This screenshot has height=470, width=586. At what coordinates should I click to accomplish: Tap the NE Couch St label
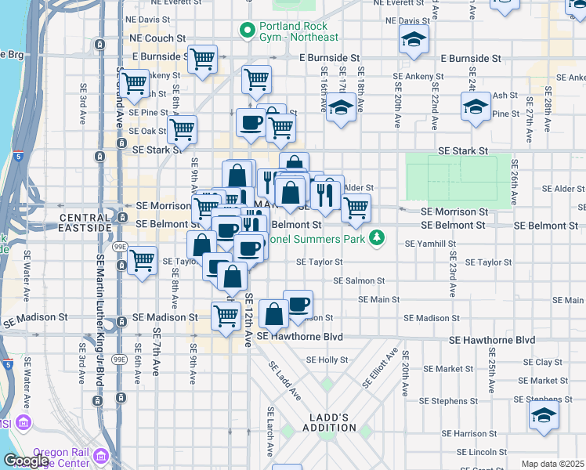(157, 37)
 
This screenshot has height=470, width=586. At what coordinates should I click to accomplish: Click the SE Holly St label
(327, 360)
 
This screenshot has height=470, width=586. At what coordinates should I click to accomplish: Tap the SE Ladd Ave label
(285, 380)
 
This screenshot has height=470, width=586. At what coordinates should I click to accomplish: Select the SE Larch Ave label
(270, 432)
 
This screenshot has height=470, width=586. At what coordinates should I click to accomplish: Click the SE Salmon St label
(359, 280)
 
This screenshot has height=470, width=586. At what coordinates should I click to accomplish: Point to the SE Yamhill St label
(430, 244)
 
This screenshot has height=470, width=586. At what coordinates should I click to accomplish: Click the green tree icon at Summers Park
(377, 237)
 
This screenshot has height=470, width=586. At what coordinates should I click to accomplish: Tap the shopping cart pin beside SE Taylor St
(142, 261)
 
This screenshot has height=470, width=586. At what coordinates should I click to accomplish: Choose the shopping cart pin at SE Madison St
(226, 317)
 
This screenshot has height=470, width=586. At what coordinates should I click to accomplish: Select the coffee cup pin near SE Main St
(298, 304)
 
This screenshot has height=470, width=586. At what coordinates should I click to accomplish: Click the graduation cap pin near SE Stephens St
(544, 415)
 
